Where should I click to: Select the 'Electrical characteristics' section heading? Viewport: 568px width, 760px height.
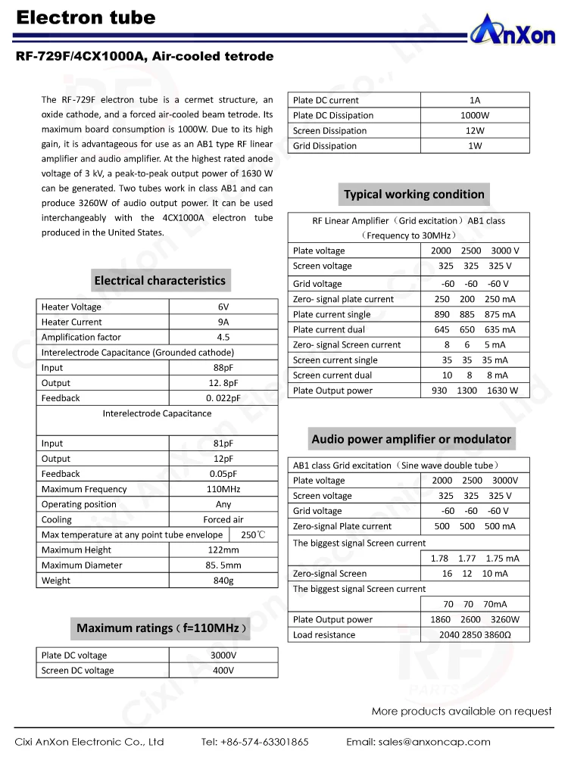(160, 280)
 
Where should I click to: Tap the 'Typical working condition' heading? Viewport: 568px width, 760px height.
(414, 195)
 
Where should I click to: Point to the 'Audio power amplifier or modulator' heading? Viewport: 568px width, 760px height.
(411, 439)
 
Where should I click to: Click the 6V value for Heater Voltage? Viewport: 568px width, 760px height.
(223, 307)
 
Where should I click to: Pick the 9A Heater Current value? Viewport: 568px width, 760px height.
(223, 322)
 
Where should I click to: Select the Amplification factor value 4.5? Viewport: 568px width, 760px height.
(223, 337)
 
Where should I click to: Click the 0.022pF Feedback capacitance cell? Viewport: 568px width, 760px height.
(223, 397)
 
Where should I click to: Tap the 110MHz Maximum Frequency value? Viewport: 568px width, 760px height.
(223, 489)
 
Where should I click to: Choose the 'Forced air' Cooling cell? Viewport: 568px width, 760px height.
(223, 519)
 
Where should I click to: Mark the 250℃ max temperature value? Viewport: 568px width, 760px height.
(253, 535)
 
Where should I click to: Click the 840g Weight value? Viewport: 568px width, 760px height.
(223, 581)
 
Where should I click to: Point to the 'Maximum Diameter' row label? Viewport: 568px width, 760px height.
(82, 565)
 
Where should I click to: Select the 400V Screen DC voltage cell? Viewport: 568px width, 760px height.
(223, 670)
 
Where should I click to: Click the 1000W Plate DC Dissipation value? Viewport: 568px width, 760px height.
(475, 115)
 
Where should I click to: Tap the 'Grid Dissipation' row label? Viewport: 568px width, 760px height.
(325, 145)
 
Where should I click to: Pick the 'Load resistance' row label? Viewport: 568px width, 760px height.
(324, 634)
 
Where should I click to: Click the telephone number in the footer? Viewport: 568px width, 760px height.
(255, 742)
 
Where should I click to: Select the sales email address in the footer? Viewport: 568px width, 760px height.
(418, 742)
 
